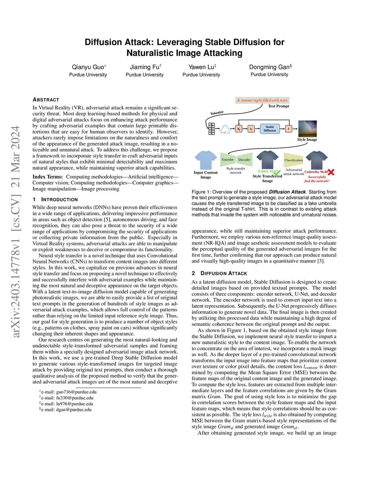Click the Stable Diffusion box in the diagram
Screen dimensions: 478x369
[270, 129]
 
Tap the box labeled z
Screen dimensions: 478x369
[288, 129]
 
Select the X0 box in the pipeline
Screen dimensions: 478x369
[239, 129]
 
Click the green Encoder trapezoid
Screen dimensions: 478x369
[228, 159]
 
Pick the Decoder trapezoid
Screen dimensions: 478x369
[244, 159]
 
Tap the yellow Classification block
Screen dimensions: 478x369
[294, 160]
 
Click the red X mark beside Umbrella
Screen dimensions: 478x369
[331, 172]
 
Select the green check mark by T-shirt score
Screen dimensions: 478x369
[277, 172]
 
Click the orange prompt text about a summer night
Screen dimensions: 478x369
[262, 100]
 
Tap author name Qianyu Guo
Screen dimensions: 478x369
[88, 67]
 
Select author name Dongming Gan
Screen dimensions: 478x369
[270, 67]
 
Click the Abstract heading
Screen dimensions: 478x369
[46, 100]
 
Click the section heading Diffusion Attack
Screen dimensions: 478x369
[223, 273]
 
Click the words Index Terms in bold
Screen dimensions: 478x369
[48, 177]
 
